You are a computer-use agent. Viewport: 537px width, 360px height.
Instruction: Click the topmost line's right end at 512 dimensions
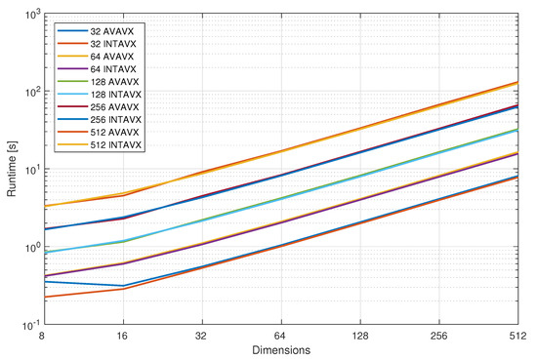[x=518, y=82]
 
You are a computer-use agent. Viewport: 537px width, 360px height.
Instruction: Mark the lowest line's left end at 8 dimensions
[x=42, y=297]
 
